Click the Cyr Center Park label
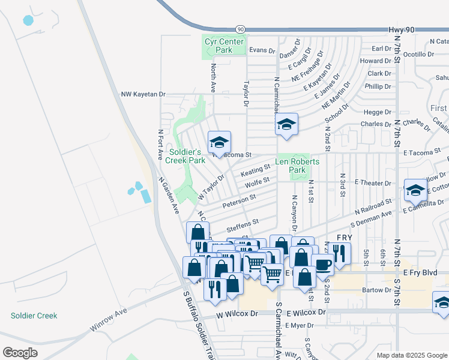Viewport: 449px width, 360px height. point(224,46)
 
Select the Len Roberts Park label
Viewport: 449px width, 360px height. point(297,166)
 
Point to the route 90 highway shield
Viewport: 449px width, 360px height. point(240,29)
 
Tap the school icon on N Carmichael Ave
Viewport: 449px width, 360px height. point(286,125)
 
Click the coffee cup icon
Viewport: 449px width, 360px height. point(323,263)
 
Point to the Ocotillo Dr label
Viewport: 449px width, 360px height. point(418,54)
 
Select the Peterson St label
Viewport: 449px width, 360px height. point(239,201)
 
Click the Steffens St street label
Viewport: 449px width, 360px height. point(242,226)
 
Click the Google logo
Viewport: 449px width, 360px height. point(20,353)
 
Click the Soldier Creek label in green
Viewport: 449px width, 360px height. point(34,316)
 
